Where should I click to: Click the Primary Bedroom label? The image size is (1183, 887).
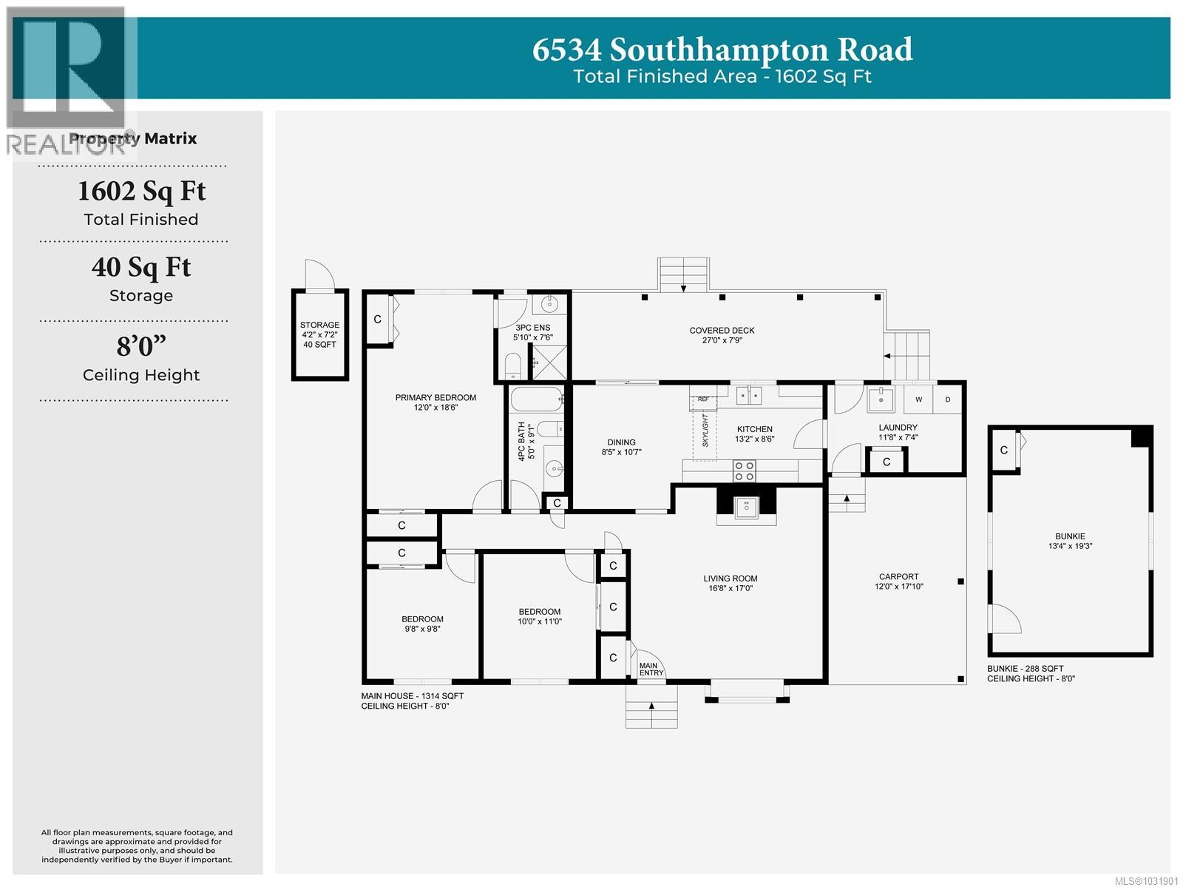click(435, 402)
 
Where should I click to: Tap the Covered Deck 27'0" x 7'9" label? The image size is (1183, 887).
click(722, 335)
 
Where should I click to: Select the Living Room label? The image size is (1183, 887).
click(730, 583)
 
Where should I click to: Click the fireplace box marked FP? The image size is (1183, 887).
click(746, 505)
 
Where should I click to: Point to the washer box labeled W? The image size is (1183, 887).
click(919, 399)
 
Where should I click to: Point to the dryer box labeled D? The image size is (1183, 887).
click(948, 399)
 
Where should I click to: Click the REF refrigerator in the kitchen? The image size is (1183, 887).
click(703, 399)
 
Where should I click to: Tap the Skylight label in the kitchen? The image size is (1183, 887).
click(705, 431)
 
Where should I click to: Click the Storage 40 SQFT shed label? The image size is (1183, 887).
click(319, 334)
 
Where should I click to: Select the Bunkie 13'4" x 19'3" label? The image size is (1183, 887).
click(1070, 541)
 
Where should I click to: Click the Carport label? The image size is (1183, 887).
click(898, 581)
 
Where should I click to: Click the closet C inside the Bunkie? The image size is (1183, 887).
click(1003, 450)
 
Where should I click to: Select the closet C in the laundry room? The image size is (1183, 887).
click(886, 462)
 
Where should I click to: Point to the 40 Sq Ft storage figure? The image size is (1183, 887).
click(141, 267)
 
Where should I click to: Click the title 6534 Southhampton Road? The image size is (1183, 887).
click(722, 50)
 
